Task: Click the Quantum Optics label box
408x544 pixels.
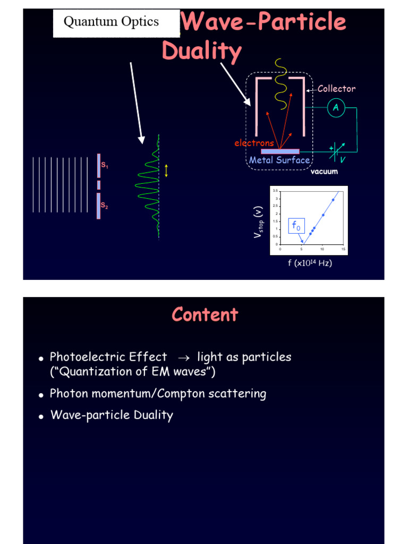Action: click(112, 22)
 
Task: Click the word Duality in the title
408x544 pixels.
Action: click(201, 52)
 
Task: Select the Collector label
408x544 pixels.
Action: click(336, 89)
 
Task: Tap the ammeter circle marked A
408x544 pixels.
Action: click(336, 108)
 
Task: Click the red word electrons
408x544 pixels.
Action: click(254, 143)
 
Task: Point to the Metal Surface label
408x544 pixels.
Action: click(279, 160)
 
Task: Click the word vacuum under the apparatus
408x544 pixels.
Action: click(324, 172)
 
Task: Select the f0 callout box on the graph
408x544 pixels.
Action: click(296, 226)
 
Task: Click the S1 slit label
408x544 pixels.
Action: click(105, 166)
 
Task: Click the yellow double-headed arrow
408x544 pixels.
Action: click(166, 171)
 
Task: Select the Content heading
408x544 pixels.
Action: click(205, 314)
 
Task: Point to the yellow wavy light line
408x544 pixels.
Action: click(279, 85)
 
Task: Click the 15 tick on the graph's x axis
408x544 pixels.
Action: click(343, 249)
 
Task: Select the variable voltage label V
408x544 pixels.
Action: click(341, 159)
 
